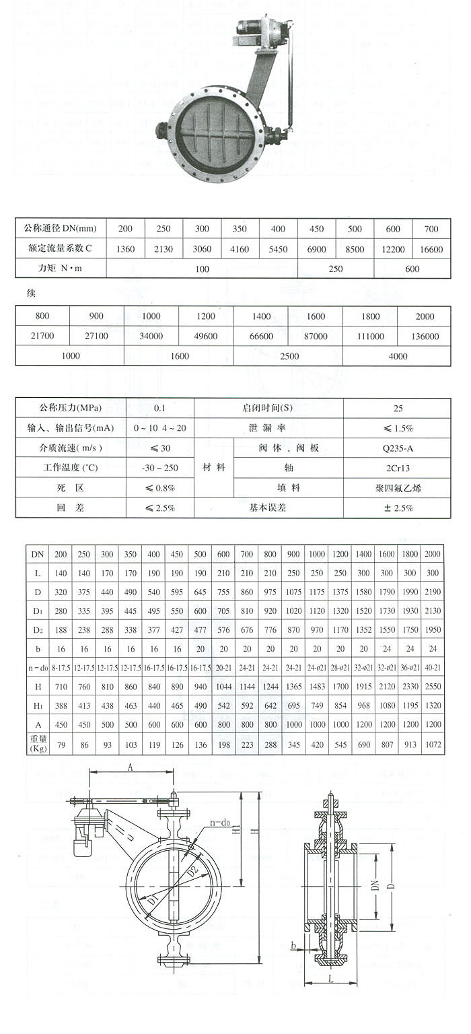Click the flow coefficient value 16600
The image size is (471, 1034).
click(431, 249)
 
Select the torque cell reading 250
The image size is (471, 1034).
click(335, 269)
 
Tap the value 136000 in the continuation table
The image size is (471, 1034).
click(424, 336)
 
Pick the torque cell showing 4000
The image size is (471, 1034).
click(397, 355)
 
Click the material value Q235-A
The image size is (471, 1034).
click(397, 448)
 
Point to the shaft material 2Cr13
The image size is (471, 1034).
click(397, 467)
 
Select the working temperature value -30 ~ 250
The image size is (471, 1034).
click(159, 467)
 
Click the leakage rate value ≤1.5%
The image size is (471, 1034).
click(397, 428)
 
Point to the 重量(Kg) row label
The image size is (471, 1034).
click(38, 744)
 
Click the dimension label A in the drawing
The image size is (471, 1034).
click(130, 766)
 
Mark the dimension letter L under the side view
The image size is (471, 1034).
click(331, 979)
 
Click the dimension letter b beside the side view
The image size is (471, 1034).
click(293, 946)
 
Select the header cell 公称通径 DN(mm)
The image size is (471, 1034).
click(61, 229)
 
